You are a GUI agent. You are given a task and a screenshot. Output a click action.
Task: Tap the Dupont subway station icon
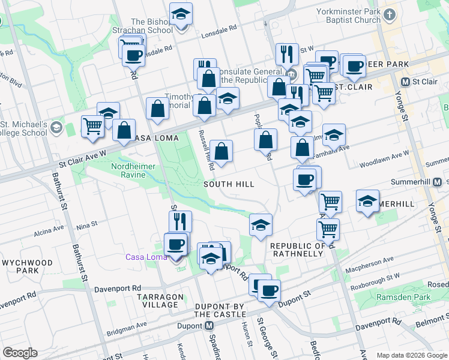pos(209,326)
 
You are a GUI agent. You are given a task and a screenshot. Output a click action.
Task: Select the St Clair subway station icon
pos(406,82)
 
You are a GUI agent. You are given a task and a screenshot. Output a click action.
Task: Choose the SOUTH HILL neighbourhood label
pos(229,184)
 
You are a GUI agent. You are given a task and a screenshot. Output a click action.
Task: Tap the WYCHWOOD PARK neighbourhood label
pos(28,267)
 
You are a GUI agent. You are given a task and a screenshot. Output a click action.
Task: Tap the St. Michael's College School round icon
pos(56,127)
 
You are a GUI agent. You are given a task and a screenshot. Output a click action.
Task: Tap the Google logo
pos(20,353)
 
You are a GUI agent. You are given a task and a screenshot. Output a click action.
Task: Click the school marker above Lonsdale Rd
pos(181,14)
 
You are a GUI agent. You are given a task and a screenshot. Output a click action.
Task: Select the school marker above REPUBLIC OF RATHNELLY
pos(261,224)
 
